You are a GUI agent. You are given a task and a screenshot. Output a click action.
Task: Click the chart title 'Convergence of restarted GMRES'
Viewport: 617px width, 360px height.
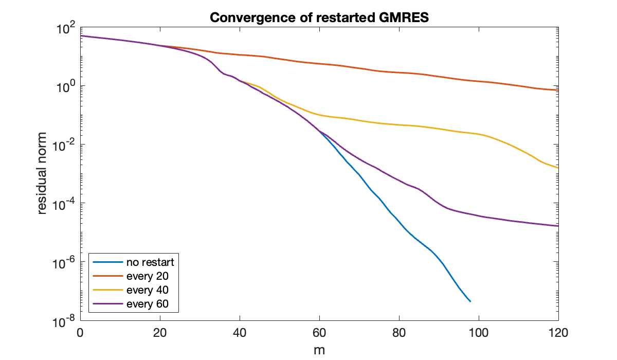tap(319, 18)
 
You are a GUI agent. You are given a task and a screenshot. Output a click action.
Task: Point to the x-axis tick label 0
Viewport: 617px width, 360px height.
tap(80, 333)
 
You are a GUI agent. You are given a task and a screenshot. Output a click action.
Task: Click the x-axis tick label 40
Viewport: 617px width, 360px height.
tap(239, 333)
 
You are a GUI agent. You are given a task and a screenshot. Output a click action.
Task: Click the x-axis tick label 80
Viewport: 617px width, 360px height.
tap(399, 333)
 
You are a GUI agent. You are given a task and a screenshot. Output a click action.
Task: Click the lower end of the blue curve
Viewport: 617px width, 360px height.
tap(470, 301)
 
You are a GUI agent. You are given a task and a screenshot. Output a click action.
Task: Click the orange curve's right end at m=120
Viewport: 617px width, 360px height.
tap(558, 91)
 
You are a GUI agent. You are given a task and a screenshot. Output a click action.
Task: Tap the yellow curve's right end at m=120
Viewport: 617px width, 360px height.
tap(558, 168)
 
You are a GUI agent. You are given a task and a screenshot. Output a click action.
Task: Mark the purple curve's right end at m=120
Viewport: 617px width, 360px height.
tap(558, 226)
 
